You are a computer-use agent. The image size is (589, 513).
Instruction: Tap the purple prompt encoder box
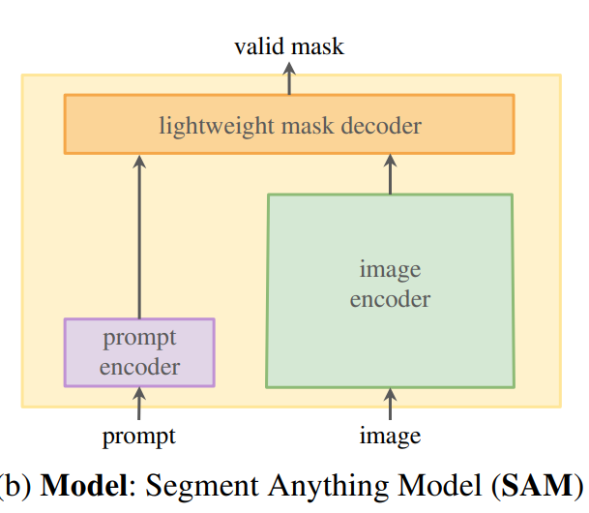[x=139, y=352]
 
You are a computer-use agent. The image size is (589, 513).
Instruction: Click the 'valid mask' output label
[x=289, y=45]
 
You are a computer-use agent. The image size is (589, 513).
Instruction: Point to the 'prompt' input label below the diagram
[x=139, y=437]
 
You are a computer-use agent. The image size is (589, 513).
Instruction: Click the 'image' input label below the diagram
[x=390, y=437]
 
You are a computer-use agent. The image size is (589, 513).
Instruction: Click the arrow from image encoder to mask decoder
[x=390, y=174]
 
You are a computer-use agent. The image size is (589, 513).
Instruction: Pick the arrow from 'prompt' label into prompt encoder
[x=138, y=402]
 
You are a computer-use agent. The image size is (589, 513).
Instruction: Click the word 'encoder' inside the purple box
[x=139, y=367]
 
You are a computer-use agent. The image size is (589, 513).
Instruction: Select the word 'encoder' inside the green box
[x=390, y=300]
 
